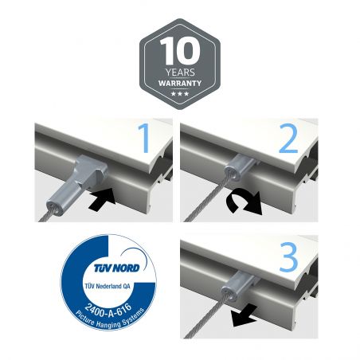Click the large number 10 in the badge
180,50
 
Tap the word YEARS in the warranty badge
180,72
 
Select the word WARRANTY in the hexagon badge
180,84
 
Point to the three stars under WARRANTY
180,94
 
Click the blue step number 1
143,138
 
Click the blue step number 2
288,138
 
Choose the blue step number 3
288,257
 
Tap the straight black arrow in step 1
103,199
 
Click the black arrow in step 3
244,316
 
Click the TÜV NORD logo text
116,268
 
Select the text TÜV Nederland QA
108,286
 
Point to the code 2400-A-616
108,311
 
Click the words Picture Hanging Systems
110,319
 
